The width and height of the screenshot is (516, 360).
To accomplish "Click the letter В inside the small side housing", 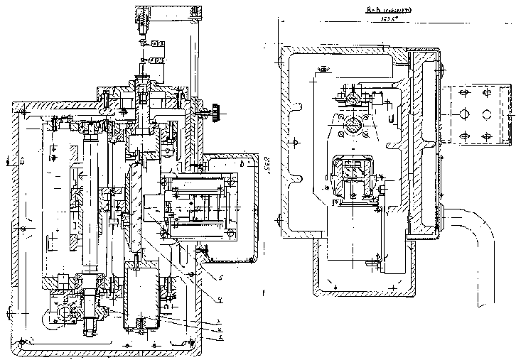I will point(243,164).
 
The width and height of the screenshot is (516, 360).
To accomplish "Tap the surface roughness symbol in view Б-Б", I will point(323,69).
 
